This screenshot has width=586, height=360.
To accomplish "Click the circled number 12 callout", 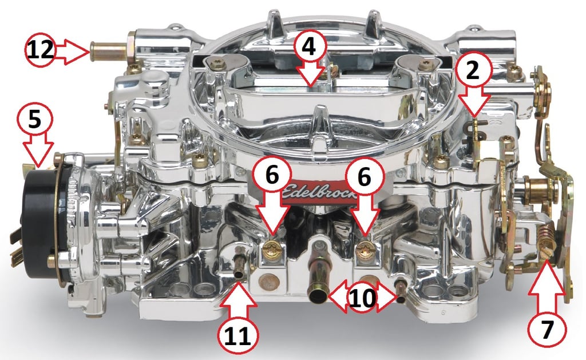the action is (41, 50).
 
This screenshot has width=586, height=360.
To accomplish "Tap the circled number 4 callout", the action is (309, 47).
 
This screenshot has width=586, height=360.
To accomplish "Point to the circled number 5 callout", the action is (35, 120).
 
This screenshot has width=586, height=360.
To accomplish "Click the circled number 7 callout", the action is (547, 330).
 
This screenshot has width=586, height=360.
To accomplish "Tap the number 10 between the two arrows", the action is (362, 298).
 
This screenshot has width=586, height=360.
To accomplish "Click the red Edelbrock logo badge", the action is (318, 192).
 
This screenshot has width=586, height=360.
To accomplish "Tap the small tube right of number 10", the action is (401, 292).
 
